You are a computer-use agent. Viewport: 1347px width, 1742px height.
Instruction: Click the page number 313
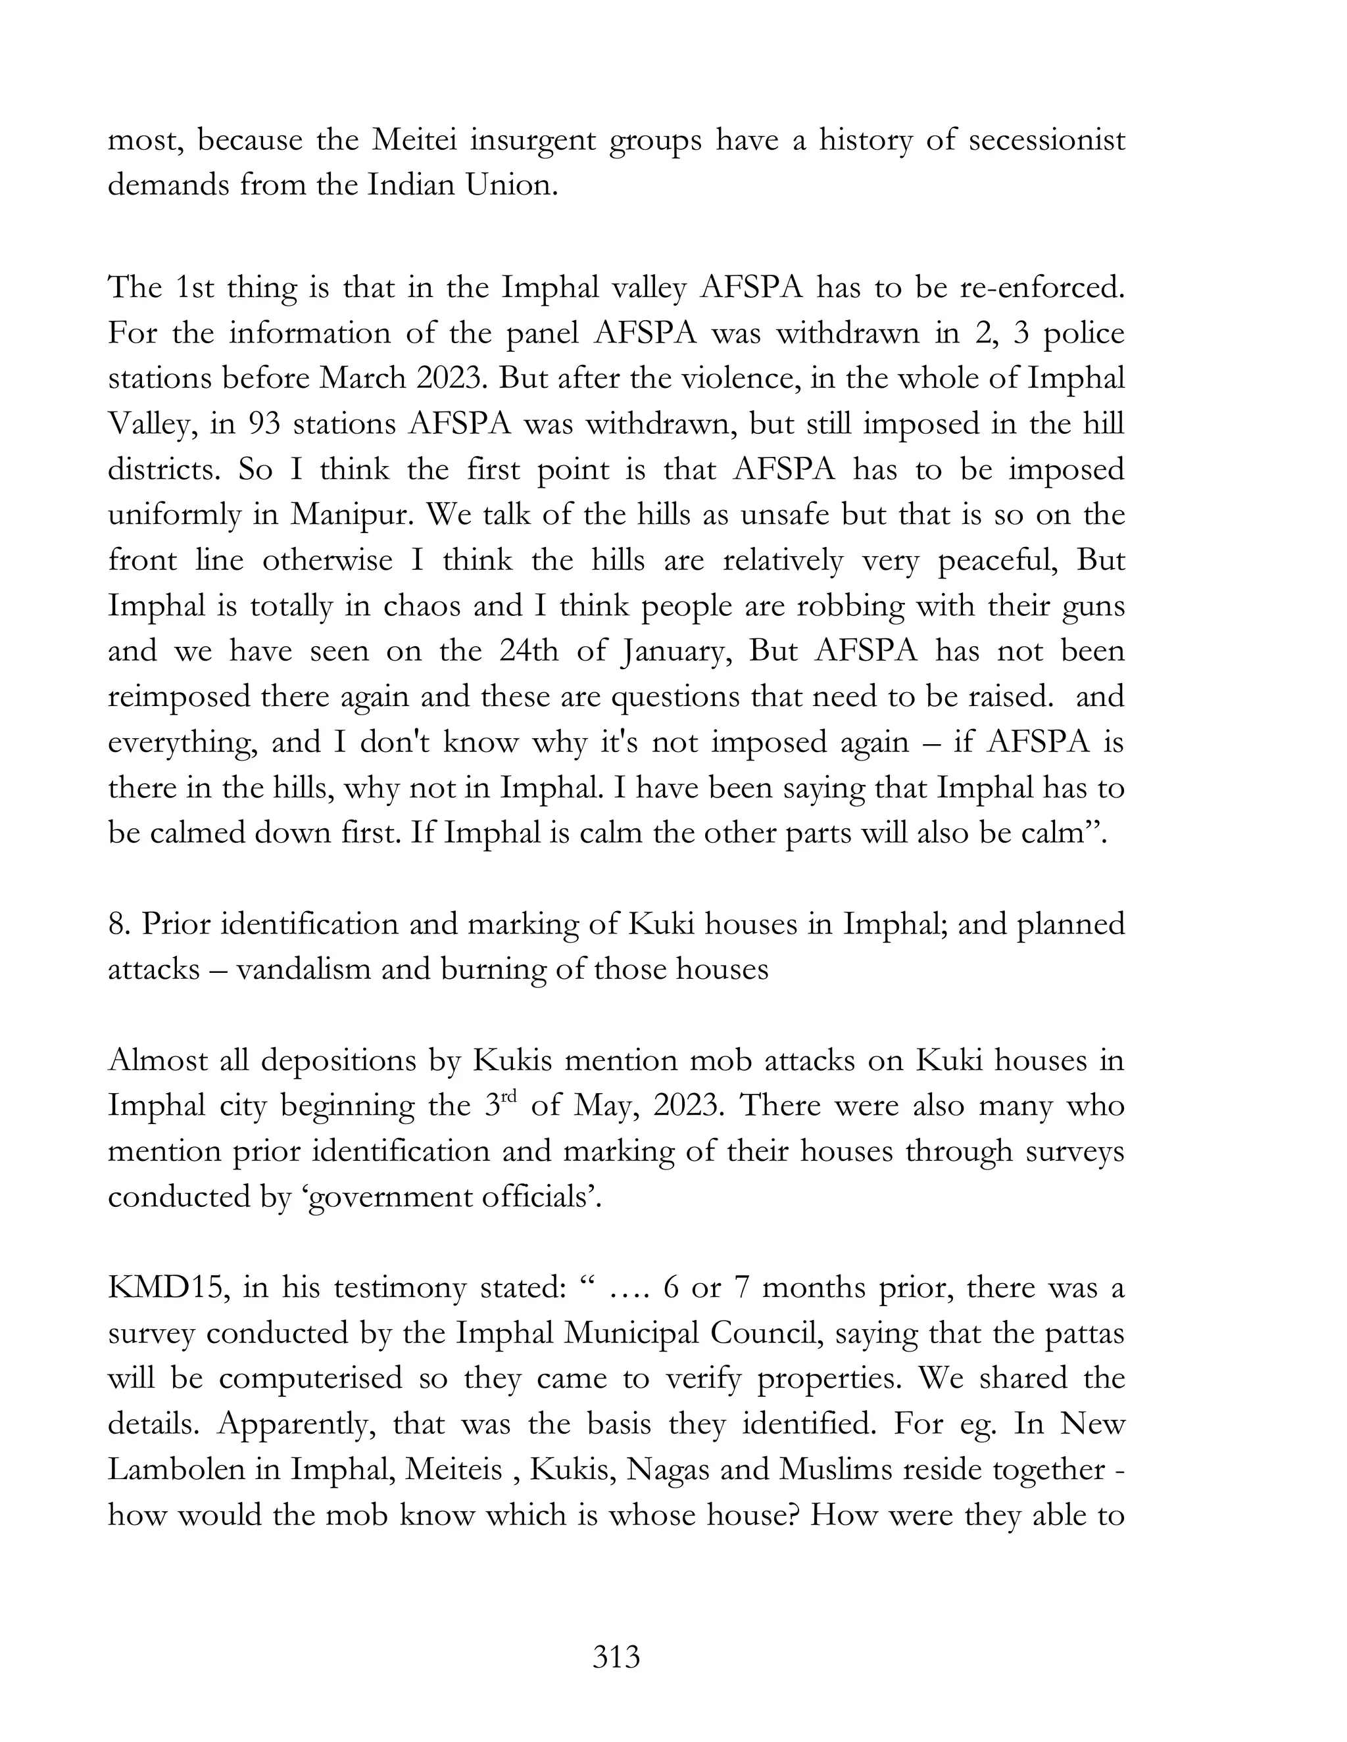616,1657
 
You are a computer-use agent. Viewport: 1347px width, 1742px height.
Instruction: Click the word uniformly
174,515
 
